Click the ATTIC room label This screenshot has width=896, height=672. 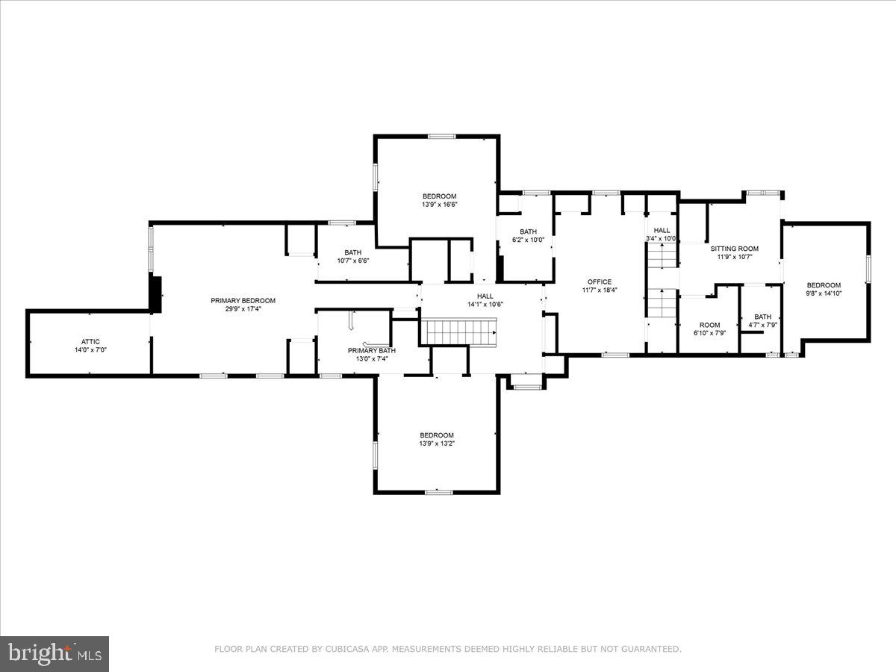pyautogui.click(x=90, y=341)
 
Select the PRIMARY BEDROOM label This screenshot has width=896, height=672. pyautogui.click(x=243, y=300)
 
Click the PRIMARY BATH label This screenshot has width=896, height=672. pyautogui.click(x=371, y=350)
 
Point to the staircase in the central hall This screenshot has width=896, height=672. pyautogui.click(x=458, y=330)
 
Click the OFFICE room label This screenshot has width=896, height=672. pyautogui.click(x=599, y=281)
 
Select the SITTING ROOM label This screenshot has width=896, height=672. pyautogui.click(x=734, y=249)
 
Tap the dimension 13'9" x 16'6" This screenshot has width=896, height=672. pyautogui.click(x=439, y=204)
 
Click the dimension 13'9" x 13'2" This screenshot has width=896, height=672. pyautogui.click(x=437, y=444)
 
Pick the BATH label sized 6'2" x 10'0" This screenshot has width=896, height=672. pyautogui.click(x=529, y=231)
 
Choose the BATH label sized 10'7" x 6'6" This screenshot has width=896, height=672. pyautogui.click(x=352, y=252)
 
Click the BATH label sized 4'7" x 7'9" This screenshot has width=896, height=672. pyautogui.click(x=762, y=317)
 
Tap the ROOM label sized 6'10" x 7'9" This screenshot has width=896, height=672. pyautogui.click(x=709, y=325)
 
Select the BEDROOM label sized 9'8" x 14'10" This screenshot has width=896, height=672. pyautogui.click(x=824, y=285)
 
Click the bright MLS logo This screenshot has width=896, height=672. pyautogui.click(x=55, y=654)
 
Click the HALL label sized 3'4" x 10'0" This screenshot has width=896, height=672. pyautogui.click(x=662, y=230)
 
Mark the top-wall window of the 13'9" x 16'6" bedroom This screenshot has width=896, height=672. pyautogui.click(x=441, y=136)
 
